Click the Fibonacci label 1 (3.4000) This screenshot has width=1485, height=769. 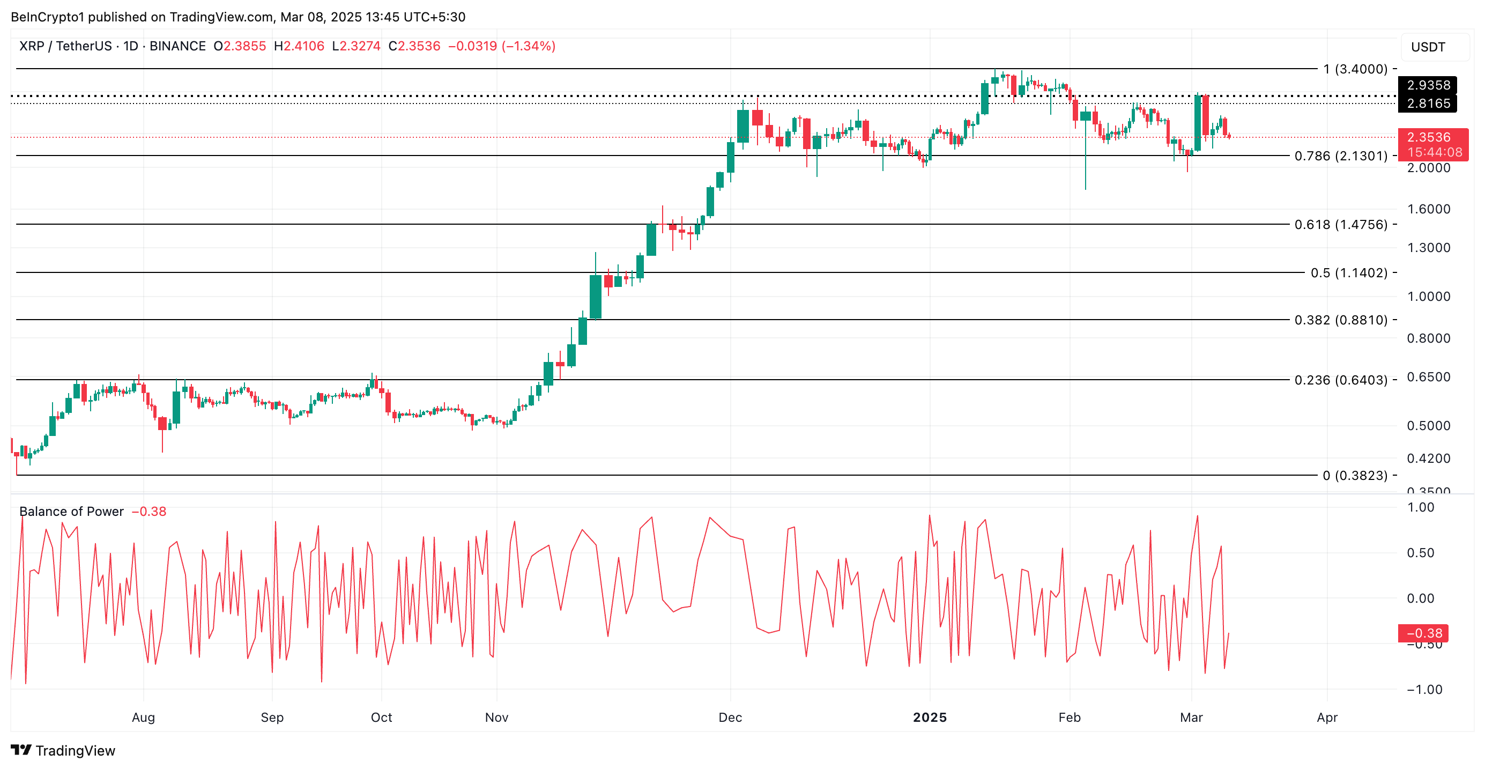(1355, 69)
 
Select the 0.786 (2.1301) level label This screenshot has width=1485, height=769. (1340, 156)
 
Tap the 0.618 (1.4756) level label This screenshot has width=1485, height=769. (1340, 225)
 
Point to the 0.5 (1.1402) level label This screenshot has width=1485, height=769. (1348, 272)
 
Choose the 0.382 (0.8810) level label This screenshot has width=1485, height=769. (1340, 320)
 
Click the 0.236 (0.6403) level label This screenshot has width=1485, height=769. (1340, 380)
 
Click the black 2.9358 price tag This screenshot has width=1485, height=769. (1428, 85)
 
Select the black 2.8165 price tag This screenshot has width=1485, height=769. (1428, 103)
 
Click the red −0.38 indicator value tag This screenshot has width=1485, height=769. (1423, 633)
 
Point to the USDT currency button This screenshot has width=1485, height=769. (1428, 47)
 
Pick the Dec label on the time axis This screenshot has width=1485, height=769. (730, 718)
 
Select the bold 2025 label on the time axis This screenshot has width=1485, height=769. (929, 718)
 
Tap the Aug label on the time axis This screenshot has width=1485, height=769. (143, 718)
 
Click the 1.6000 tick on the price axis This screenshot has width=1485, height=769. (1428, 209)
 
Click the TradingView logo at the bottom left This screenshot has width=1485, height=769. (63, 751)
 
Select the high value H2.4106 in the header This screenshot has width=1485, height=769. (299, 46)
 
